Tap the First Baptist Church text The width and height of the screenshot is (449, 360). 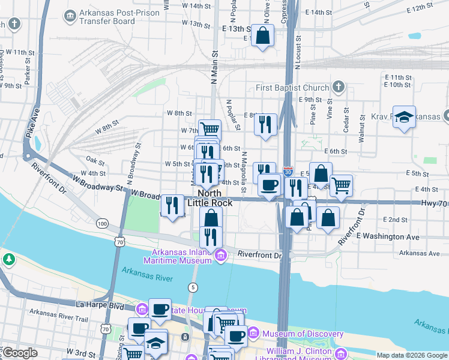292,88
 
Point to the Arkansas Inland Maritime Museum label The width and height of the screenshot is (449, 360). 177,256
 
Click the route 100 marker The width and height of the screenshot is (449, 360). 103,224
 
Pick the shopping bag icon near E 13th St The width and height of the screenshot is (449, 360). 263,35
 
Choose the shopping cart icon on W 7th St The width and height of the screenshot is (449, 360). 209,129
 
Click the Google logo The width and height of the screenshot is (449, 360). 19,353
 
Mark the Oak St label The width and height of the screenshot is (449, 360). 95,160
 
